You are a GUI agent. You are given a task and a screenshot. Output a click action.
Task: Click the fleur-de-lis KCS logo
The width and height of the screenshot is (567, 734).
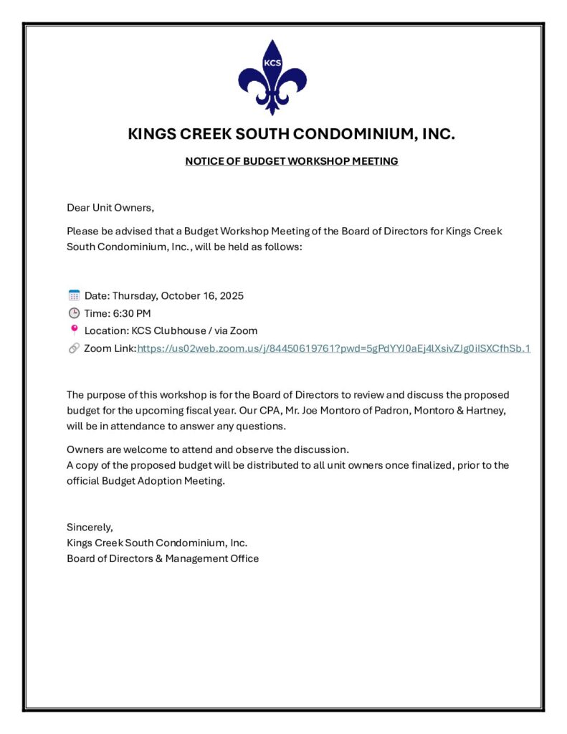[272, 76]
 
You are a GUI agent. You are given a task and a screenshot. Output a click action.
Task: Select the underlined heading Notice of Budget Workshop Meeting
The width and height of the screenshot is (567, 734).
[291, 161]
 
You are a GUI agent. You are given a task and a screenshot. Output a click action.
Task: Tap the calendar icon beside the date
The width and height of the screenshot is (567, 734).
[74, 295]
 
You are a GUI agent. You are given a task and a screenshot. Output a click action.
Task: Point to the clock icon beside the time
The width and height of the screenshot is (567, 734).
[74, 313]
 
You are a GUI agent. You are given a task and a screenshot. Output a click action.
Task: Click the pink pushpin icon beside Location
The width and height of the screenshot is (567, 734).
[74, 330]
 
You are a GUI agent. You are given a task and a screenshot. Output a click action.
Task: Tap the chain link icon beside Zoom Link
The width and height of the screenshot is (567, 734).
[74, 348]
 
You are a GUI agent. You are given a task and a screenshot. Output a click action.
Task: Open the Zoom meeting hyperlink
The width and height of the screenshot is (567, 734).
[333, 348]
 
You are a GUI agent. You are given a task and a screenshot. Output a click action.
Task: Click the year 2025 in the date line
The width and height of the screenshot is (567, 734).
[232, 295]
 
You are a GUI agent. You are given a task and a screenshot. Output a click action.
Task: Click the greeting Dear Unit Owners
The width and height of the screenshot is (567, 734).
[110, 208]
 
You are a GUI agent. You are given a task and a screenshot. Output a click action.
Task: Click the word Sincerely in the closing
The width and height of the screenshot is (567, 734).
[90, 528]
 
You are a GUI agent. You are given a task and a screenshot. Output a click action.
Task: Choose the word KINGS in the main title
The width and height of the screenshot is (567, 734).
[153, 134]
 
